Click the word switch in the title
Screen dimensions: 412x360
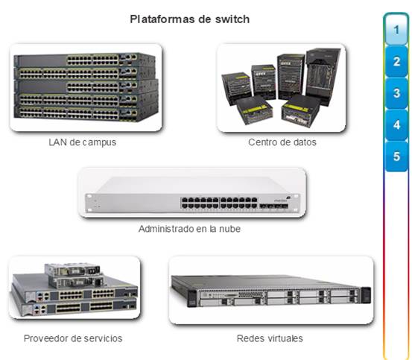point(232,19)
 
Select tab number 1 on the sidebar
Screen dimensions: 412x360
point(396,30)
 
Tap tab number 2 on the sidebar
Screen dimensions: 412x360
point(396,61)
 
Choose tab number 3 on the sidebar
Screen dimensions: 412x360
point(396,93)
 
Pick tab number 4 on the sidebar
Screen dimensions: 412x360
point(396,124)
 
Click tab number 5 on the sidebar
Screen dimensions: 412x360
point(396,157)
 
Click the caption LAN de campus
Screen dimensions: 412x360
point(83,142)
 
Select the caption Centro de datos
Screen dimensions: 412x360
point(282,142)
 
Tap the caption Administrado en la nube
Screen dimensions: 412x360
point(189,229)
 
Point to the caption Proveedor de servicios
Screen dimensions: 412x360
point(73,338)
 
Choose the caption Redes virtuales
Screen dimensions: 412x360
point(270,338)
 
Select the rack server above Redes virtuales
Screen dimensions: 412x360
point(270,291)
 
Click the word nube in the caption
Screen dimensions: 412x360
point(230,229)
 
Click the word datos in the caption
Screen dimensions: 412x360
point(305,142)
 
